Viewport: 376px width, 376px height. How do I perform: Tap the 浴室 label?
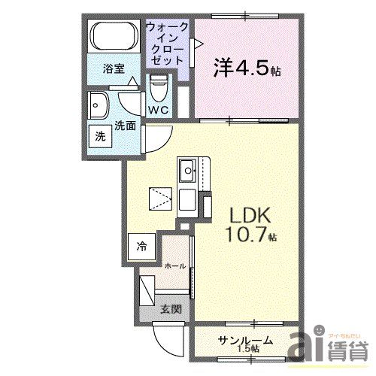tap(114, 68)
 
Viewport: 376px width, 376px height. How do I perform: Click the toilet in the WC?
tap(159, 88)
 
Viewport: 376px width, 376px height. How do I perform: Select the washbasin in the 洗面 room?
tap(98, 105)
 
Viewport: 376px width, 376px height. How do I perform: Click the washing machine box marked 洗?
tap(101, 136)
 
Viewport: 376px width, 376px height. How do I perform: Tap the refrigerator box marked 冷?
tap(141, 247)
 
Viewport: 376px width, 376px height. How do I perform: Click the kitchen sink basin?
tap(187, 171)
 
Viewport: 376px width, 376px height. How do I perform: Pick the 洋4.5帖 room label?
tap(247, 68)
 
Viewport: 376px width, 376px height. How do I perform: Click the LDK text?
tap(250, 215)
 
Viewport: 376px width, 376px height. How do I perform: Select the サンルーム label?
tap(245, 341)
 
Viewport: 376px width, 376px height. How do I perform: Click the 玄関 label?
tap(171, 309)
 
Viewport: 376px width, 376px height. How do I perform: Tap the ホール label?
tap(175, 266)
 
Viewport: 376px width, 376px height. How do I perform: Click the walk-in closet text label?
tap(166, 44)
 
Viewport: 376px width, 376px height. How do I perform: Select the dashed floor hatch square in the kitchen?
tap(160, 199)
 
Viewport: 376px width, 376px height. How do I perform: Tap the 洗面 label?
tap(126, 126)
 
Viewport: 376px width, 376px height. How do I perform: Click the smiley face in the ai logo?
tap(319, 330)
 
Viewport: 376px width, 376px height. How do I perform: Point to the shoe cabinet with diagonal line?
tap(147, 290)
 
